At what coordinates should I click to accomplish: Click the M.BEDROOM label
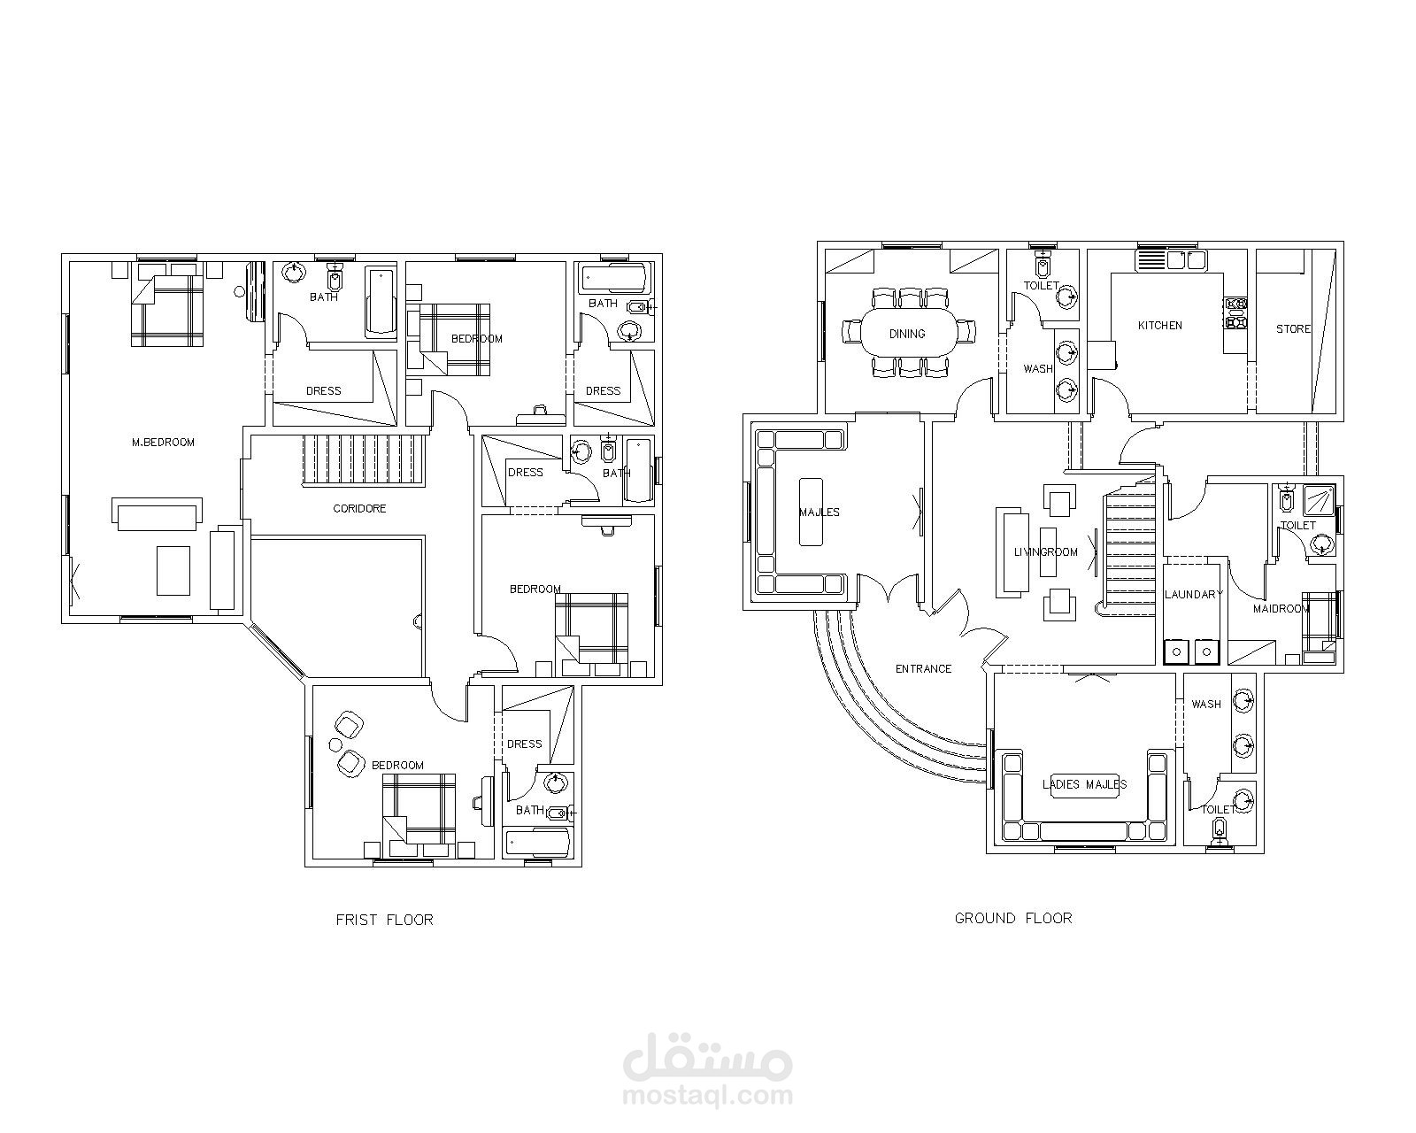pos(163,443)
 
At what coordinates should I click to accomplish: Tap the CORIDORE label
pos(359,508)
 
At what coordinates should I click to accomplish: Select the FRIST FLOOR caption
pos(385,920)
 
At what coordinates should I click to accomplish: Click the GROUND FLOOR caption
pos(1013,918)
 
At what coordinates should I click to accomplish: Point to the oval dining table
pos(907,334)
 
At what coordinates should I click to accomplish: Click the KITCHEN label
pos(1160,325)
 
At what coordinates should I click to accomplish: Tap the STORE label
pos(1293,328)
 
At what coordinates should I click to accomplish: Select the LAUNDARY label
pos(1194,594)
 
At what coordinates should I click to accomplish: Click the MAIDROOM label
pos(1281,609)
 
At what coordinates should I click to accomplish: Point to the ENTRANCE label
pos(923,669)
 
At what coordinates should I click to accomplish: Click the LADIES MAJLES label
pos(1084,784)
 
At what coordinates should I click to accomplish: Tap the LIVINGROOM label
pos(1045,552)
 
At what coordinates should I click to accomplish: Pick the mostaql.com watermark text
pos(708,1096)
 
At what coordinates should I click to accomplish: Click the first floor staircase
pos(364,460)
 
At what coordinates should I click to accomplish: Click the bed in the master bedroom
pos(167,311)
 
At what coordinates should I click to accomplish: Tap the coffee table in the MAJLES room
pos(811,513)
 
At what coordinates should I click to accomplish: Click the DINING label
pos(907,334)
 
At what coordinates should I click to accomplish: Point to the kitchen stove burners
pos(1235,312)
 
